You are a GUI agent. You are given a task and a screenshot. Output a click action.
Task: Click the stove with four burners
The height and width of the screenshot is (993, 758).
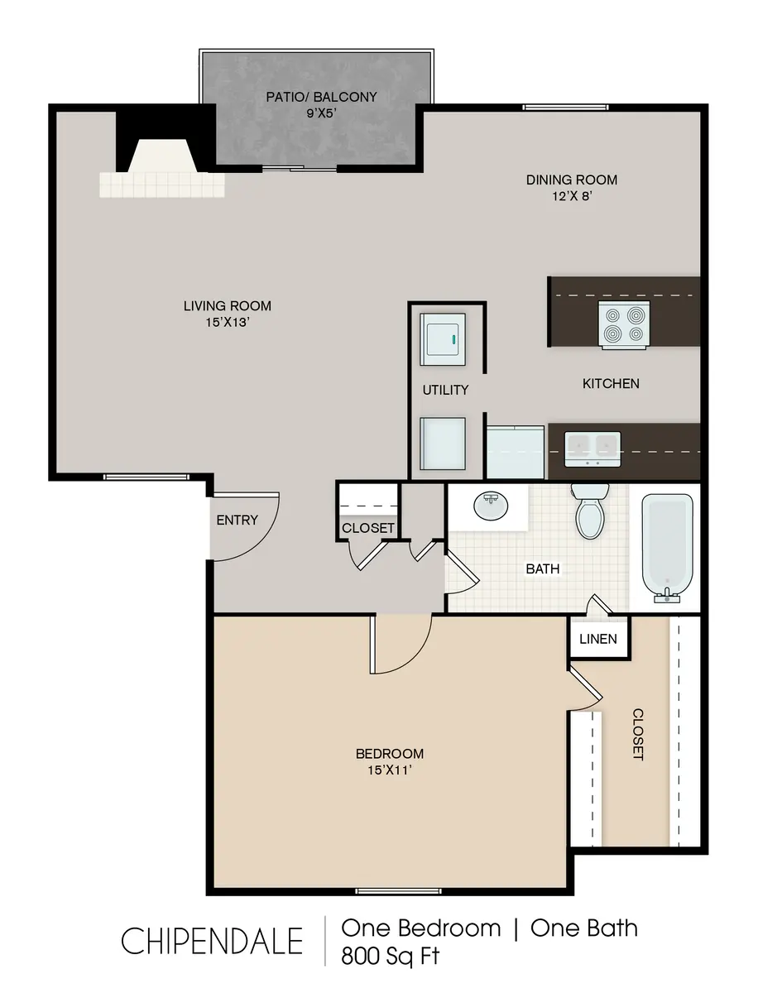pos(624,324)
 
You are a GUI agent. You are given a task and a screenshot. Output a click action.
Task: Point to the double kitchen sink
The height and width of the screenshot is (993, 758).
pos(592,448)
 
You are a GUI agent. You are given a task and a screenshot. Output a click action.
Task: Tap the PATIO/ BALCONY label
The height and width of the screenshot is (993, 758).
pos(321,97)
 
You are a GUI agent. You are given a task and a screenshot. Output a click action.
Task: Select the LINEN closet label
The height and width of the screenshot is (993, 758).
pos(597,639)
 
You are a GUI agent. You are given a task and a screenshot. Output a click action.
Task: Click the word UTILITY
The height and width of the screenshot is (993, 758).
pos(445,390)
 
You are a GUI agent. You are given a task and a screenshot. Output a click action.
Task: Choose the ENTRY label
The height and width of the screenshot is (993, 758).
pos(237,520)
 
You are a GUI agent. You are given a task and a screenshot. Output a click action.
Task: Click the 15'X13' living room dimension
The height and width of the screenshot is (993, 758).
pos(227,323)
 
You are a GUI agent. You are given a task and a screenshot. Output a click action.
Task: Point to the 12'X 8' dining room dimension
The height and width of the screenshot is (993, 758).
pos(572,196)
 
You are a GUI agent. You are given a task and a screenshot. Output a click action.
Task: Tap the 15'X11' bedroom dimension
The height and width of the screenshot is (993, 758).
pos(389,770)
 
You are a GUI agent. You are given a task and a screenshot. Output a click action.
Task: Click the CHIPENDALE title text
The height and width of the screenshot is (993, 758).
pos(212,941)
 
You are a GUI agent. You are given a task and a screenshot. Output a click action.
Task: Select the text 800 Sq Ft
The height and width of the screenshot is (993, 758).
pos(391,956)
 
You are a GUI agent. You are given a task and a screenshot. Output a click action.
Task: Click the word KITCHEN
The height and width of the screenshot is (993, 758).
pos(611,383)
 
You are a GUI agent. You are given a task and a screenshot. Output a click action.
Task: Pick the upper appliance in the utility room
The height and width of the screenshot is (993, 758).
pos(444,338)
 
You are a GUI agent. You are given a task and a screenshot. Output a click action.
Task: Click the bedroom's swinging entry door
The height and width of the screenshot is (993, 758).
pos(401,645)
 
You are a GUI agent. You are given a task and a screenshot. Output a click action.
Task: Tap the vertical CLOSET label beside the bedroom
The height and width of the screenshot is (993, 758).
pos(638,734)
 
